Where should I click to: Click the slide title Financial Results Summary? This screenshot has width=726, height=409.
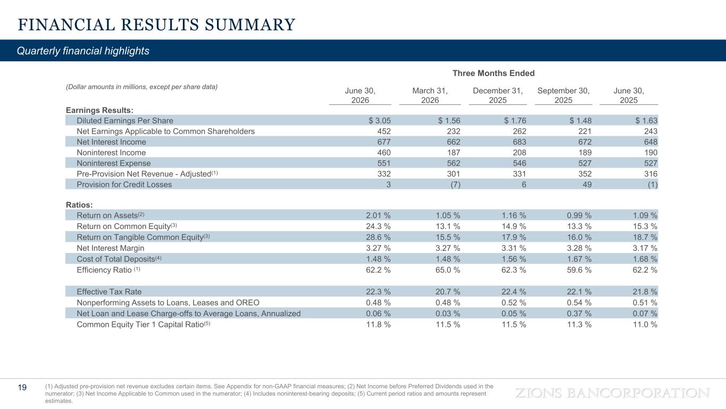156,25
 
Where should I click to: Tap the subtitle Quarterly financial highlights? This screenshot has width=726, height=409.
83,51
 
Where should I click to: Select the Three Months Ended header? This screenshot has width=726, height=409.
493,73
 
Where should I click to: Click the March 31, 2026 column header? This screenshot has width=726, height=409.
430,95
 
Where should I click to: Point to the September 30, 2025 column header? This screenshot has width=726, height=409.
563,95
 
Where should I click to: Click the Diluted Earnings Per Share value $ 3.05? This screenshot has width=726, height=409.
380,120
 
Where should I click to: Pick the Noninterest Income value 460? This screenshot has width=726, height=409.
384,152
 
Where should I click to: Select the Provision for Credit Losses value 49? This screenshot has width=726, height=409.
587,184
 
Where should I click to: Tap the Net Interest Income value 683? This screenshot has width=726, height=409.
519,142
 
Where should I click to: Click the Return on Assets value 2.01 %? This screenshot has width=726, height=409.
378,215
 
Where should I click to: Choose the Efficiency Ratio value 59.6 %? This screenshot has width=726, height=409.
579,270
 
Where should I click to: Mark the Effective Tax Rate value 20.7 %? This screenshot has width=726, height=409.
448,291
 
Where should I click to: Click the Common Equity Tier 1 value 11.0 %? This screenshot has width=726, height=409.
645,324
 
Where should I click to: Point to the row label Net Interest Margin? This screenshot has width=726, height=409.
110,248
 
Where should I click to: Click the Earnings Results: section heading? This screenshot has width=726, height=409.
99,110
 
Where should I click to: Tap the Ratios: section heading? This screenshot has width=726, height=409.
79,205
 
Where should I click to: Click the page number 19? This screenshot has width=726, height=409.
22,387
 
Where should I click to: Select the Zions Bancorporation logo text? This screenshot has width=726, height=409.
612,393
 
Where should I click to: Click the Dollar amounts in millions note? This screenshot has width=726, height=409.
141,87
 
